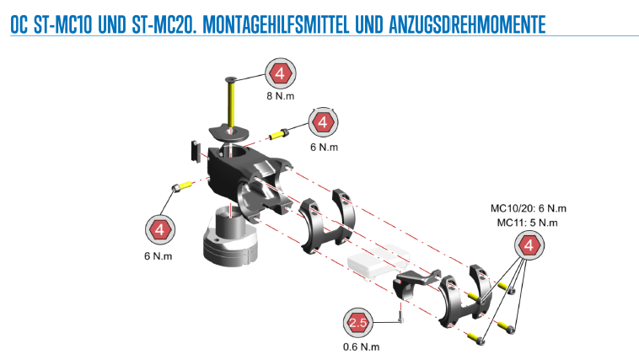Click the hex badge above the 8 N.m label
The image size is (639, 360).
point(281,73)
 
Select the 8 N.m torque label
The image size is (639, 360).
point(281,96)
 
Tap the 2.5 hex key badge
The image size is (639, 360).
point(358,323)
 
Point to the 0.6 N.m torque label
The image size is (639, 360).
point(361,347)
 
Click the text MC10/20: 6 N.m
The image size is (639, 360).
point(529,208)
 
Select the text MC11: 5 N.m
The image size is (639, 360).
point(528,223)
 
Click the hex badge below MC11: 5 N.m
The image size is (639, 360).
point(529,245)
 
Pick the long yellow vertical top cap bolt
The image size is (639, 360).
point(231,102)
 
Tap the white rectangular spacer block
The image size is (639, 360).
point(379,261)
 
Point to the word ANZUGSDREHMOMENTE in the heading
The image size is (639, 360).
point(467,24)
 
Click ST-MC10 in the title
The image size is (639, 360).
point(63,24)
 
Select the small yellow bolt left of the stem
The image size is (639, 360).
point(182,186)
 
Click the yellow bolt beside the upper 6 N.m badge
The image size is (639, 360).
point(279,134)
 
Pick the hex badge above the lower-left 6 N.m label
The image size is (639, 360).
point(160,229)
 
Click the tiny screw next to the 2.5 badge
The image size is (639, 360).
point(400,316)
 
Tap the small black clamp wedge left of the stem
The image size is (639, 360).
point(196,151)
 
